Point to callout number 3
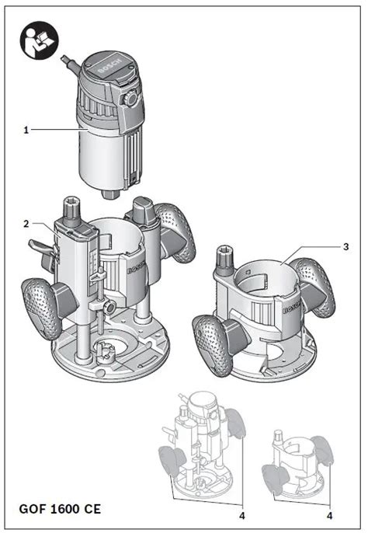coord(345,246)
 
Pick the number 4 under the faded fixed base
coord(330,515)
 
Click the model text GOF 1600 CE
coord(61,511)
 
